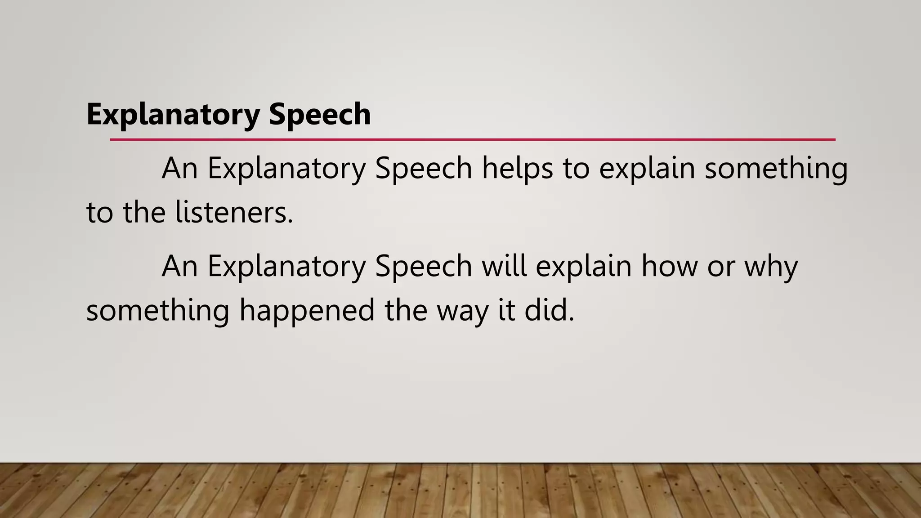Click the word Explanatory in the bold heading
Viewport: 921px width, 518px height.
click(173, 114)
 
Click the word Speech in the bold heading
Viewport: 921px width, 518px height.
click(320, 114)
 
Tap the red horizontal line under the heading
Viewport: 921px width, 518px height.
click(472, 140)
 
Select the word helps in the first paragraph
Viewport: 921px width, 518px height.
click(517, 168)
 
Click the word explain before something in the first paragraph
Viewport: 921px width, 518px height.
click(647, 168)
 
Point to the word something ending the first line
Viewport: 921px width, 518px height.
click(776, 168)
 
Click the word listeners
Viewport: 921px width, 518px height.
click(234, 212)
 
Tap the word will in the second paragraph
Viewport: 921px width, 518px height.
click(504, 266)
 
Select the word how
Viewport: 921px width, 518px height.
click(669, 266)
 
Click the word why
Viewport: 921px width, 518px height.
click(771, 266)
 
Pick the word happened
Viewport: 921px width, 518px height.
click(307, 310)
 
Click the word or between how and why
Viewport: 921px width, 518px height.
click(721, 266)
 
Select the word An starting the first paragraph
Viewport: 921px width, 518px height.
click(180, 168)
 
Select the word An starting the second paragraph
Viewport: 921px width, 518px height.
click(180, 266)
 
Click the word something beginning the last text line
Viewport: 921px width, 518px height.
click(158, 310)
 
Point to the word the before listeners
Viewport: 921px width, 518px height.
click(144, 212)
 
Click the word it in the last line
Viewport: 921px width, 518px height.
click(506, 310)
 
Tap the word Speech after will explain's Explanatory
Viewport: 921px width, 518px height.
click(423, 266)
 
